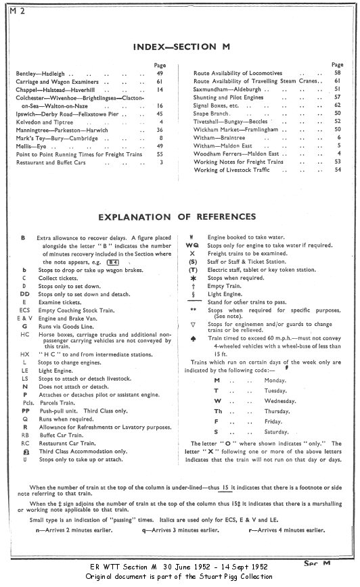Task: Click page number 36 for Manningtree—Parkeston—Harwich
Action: [160, 130]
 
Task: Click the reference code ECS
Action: [24, 314]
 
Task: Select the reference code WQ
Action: [193, 245]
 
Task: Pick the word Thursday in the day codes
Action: [270, 409]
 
